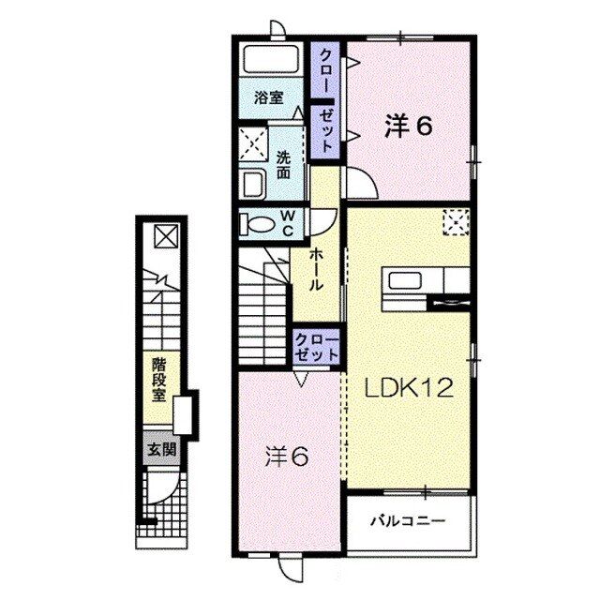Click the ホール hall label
tap(317, 270)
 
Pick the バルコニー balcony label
tap(407, 517)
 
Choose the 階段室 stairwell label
tap(161, 378)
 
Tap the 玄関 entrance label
tap(157, 449)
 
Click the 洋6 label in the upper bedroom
tap(408, 127)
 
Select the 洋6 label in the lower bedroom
tap(286, 457)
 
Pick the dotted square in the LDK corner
tap(457, 221)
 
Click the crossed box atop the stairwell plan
tap(163, 235)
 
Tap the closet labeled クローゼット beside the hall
tap(316, 348)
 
